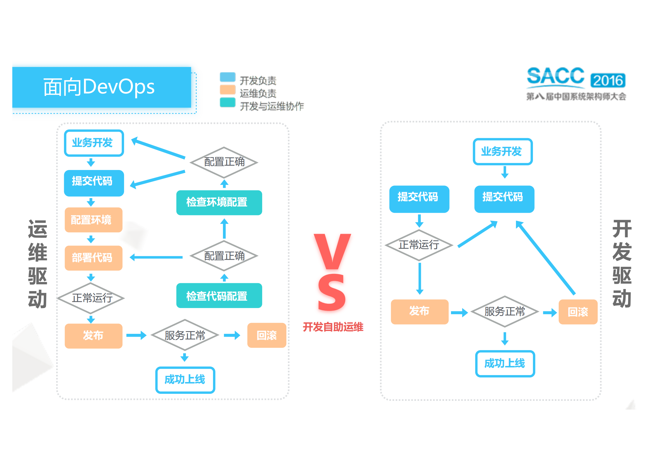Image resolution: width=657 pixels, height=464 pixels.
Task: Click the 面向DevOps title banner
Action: click(x=101, y=87)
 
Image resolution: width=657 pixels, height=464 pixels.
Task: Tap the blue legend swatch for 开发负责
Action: click(x=227, y=77)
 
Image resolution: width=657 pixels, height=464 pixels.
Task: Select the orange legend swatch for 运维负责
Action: click(x=227, y=90)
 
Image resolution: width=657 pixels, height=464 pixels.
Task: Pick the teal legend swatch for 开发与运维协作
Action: click(x=227, y=102)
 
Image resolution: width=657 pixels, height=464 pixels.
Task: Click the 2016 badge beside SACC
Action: click(x=608, y=80)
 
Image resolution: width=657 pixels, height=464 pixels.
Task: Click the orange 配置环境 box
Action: click(x=93, y=220)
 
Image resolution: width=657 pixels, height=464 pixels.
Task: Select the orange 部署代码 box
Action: click(x=93, y=258)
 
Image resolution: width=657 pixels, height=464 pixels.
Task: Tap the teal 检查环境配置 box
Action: click(x=219, y=202)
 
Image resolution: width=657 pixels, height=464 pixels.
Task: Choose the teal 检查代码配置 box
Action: click(x=219, y=295)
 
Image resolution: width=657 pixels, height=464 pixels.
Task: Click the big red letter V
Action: click(x=332, y=252)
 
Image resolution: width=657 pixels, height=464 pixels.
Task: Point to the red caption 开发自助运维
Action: click(x=333, y=327)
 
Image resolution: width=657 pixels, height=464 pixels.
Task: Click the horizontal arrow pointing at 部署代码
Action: click(x=157, y=257)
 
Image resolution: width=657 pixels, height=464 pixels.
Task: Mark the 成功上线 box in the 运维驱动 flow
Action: click(x=185, y=380)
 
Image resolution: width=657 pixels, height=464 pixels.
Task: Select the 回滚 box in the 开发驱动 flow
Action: click(x=578, y=312)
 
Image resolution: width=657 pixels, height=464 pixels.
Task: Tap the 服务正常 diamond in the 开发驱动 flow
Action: click(x=505, y=312)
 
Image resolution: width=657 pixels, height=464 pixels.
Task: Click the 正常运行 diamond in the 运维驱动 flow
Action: click(x=92, y=298)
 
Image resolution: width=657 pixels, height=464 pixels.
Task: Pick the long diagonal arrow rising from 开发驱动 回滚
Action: click(x=546, y=257)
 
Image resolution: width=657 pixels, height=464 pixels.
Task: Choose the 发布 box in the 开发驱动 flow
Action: click(x=420, y=312)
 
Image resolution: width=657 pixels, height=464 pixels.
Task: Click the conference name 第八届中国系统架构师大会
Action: click(x=576, y=97)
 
